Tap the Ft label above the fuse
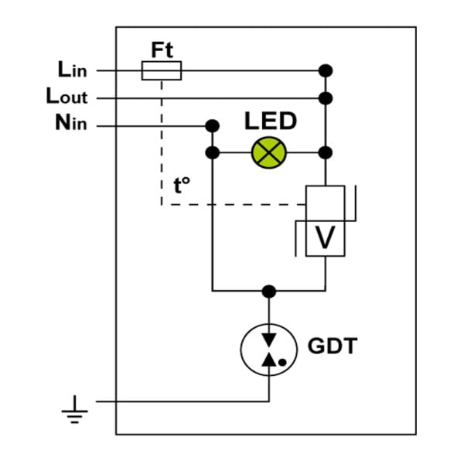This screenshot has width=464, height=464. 162,50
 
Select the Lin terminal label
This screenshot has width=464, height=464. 73,70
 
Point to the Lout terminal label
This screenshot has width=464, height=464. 67,96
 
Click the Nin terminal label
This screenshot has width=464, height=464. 71,122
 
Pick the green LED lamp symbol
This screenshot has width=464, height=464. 268,152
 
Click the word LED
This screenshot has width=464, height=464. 271,121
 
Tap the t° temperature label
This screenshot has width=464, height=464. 182,186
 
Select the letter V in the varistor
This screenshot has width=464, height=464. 326,237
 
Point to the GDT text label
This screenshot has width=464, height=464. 333,346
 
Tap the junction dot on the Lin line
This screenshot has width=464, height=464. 326,70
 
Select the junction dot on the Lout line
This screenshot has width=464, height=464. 326,98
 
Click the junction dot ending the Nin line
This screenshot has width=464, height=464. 212,126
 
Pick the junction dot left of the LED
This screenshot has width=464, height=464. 212,152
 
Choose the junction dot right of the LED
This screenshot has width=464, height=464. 326,152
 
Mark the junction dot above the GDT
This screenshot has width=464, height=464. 268,292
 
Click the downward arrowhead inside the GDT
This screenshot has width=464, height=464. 269,339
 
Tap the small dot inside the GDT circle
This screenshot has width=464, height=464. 282,362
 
